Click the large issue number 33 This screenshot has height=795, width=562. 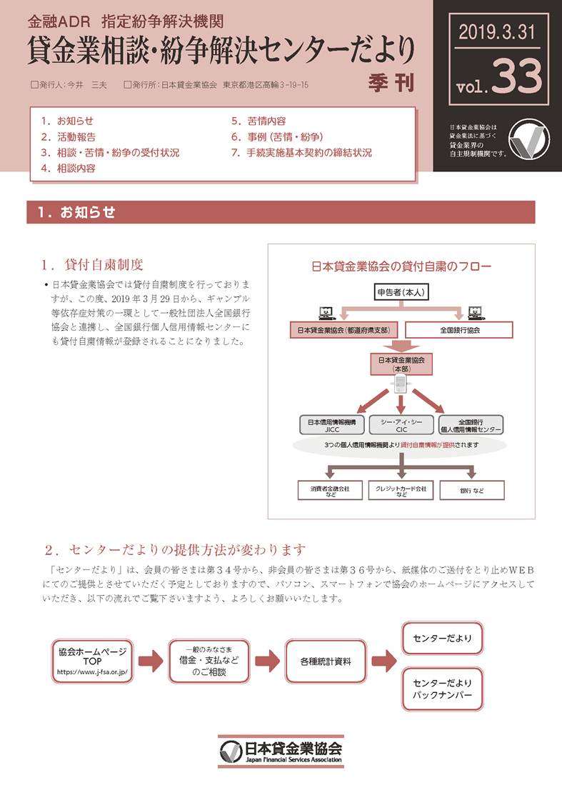point(518,77)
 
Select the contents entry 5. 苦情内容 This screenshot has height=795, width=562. point(259,121)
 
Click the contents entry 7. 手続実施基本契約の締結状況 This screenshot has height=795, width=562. point(301,152)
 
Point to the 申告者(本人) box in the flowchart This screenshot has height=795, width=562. point(401,292)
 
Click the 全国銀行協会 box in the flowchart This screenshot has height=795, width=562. point(459,330)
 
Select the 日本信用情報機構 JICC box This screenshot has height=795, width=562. point(333,425)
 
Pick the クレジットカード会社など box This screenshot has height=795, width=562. point(401,490)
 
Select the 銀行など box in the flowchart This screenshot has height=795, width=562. point(472,490)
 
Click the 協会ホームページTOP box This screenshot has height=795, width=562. point(91,662)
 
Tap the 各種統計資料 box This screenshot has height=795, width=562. point(326,662)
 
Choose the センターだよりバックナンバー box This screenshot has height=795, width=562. point(443,689)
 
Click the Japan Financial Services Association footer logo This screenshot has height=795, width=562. point(281,751)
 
